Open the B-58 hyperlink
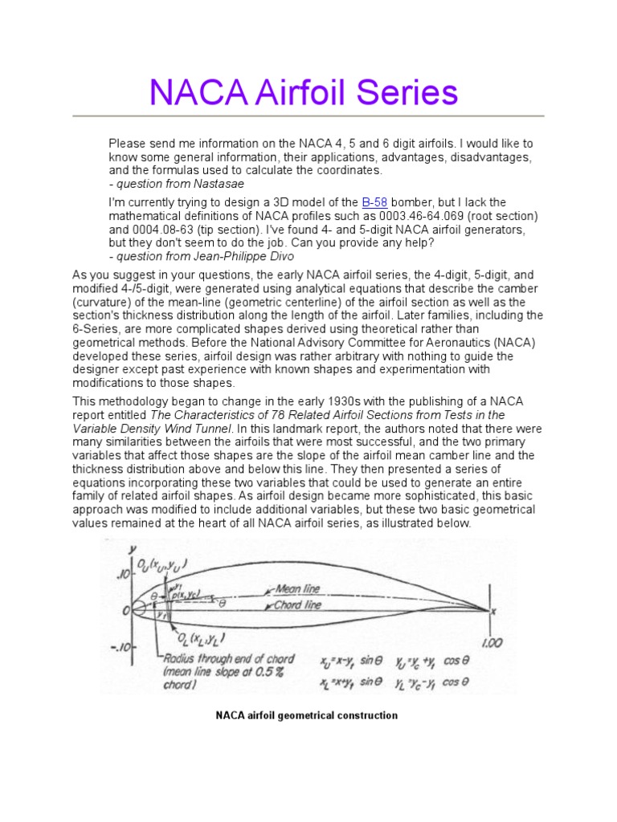point(375,202)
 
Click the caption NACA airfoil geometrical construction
point(307,715)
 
